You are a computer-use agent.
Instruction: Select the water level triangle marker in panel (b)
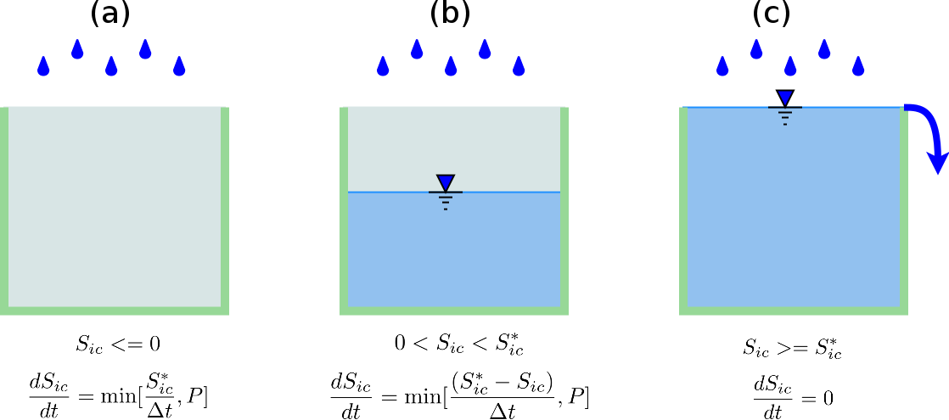(x=446, y=182)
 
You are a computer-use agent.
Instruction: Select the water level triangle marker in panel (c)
(x=785, y=98)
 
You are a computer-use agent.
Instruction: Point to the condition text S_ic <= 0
(x=117, y=344)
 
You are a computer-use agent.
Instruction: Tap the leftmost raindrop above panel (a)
(x=43, y=66)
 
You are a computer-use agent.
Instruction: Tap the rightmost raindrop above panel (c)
(x=858, y=66)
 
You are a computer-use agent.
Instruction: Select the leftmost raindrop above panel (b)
(x=383, y=66)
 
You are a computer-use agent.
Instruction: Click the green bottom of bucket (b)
(x=454, y=311)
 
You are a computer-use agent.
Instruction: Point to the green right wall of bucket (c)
(x=904, y=212)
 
